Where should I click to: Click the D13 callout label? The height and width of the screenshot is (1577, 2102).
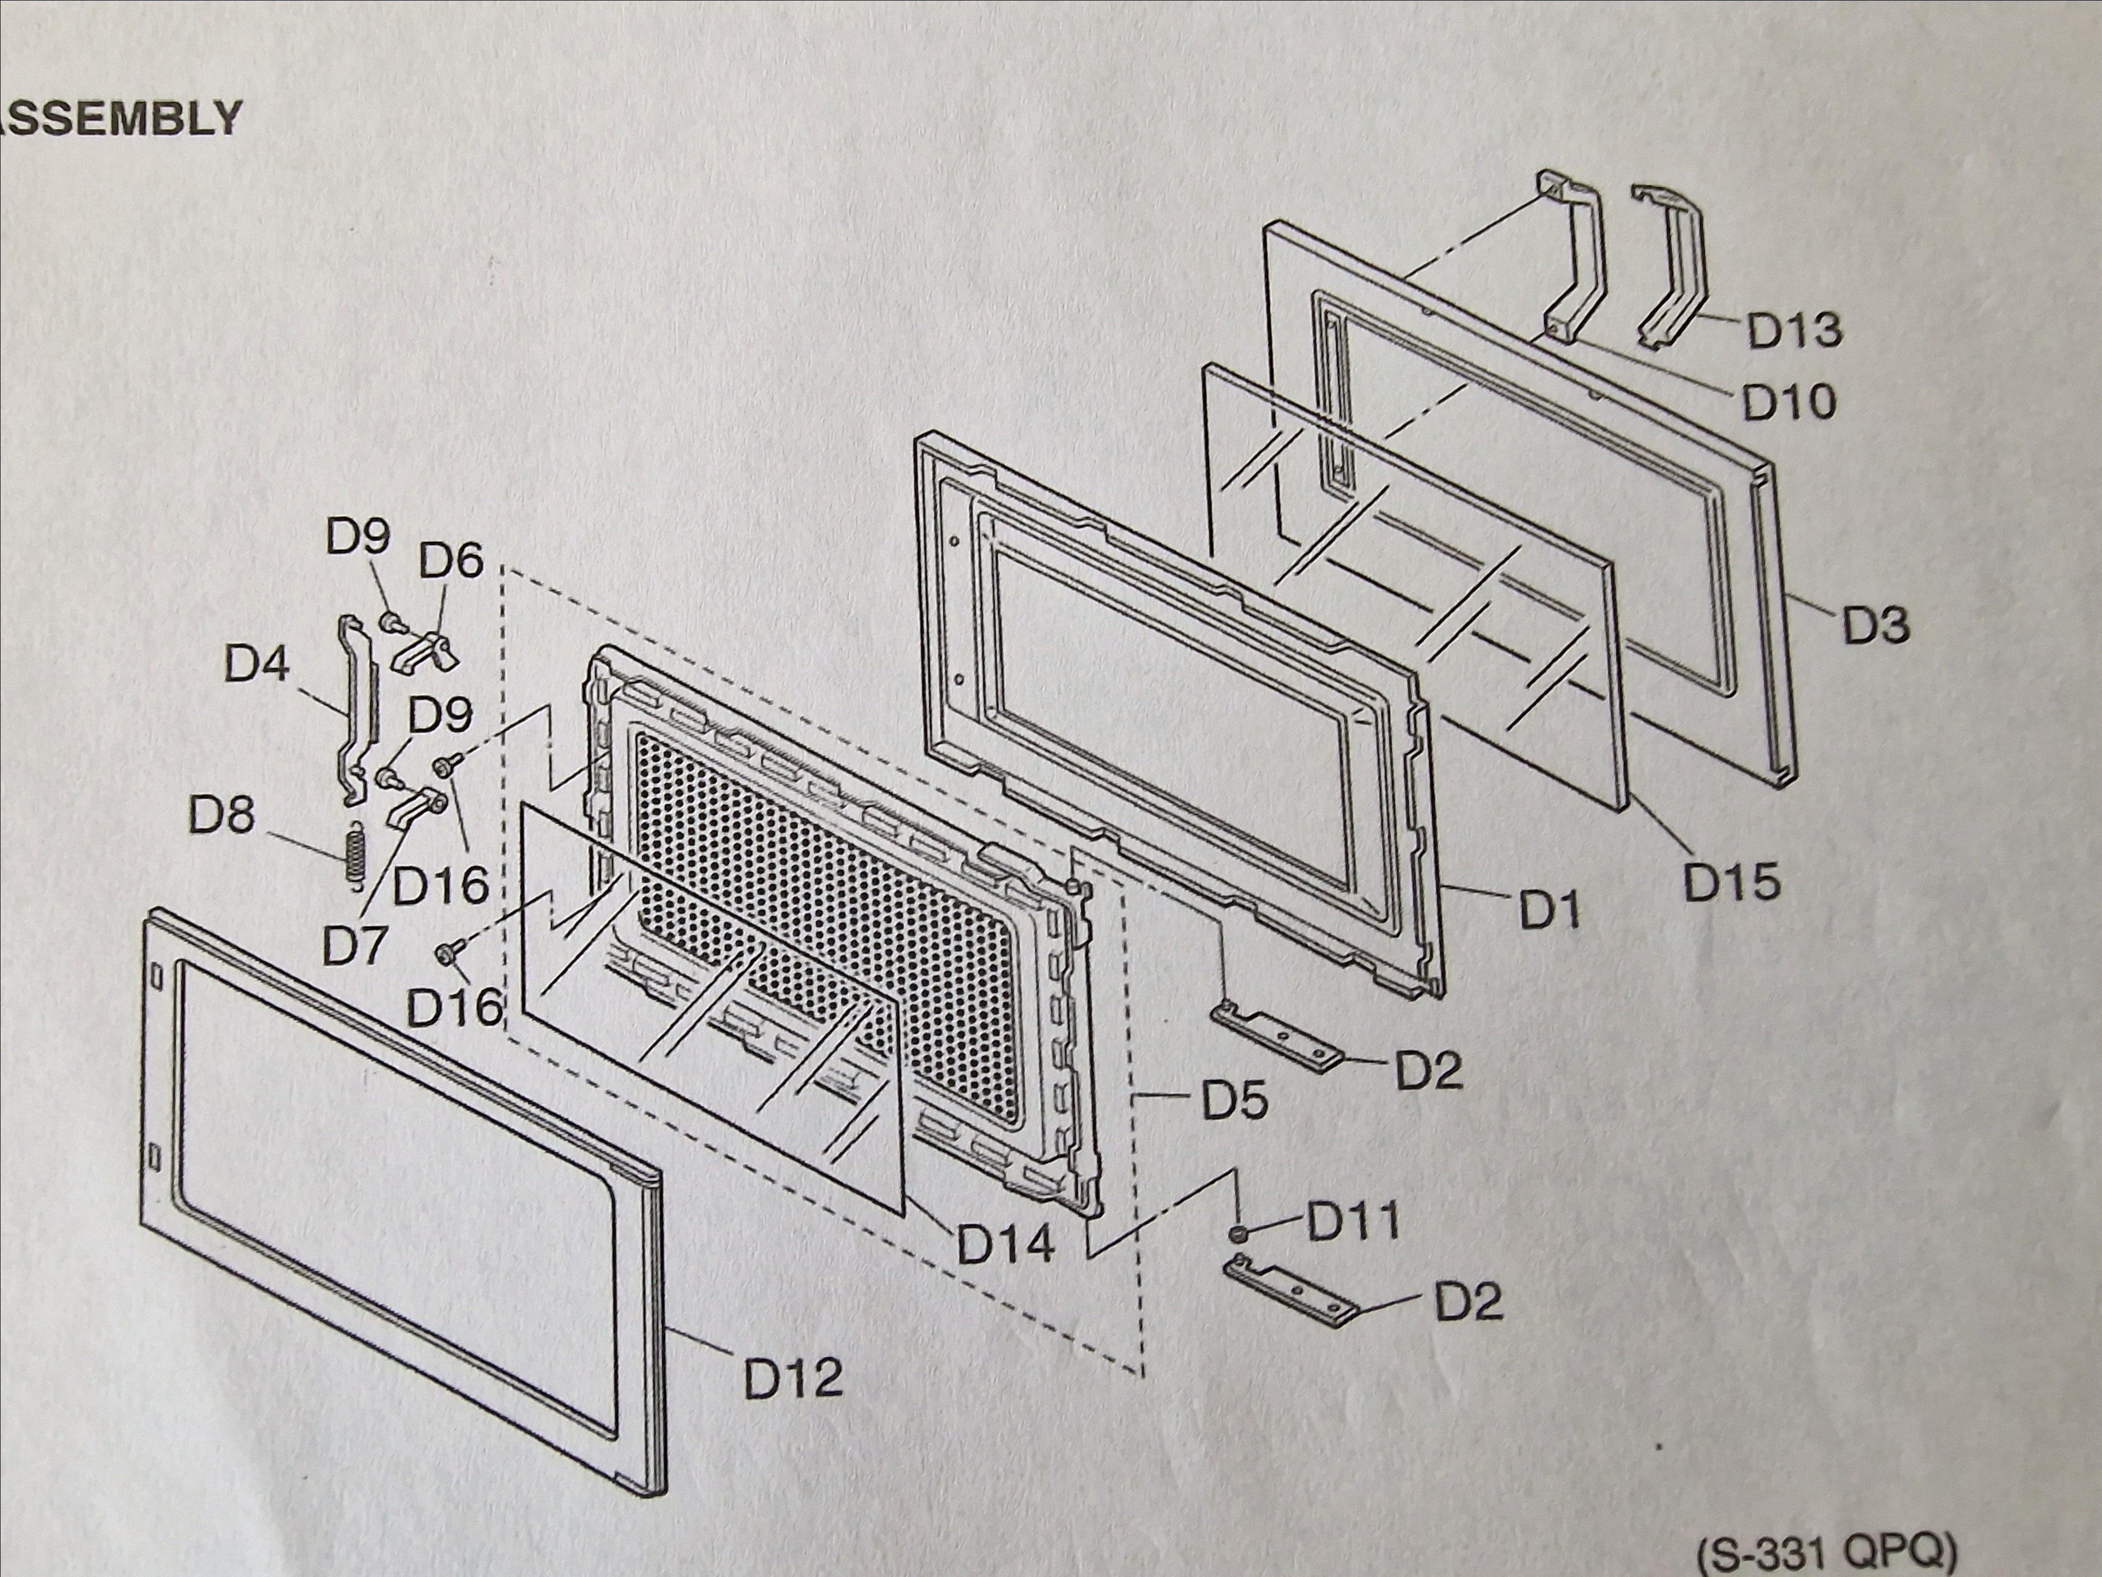pyautogui.click(x=1794, y=330)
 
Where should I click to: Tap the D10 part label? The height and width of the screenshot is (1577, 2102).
pyautogui.click(x=1788, y=403)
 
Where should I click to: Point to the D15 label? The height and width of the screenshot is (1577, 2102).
pyautogui.click(x=1732, y=882)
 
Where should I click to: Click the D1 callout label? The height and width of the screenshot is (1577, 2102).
pyautogui.click(x=1550, y=910)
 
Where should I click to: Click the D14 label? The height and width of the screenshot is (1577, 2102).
pyautogui.click(x=1005, y=1244)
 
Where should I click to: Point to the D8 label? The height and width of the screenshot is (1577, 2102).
pyautogui.click(x=221, y=816)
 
